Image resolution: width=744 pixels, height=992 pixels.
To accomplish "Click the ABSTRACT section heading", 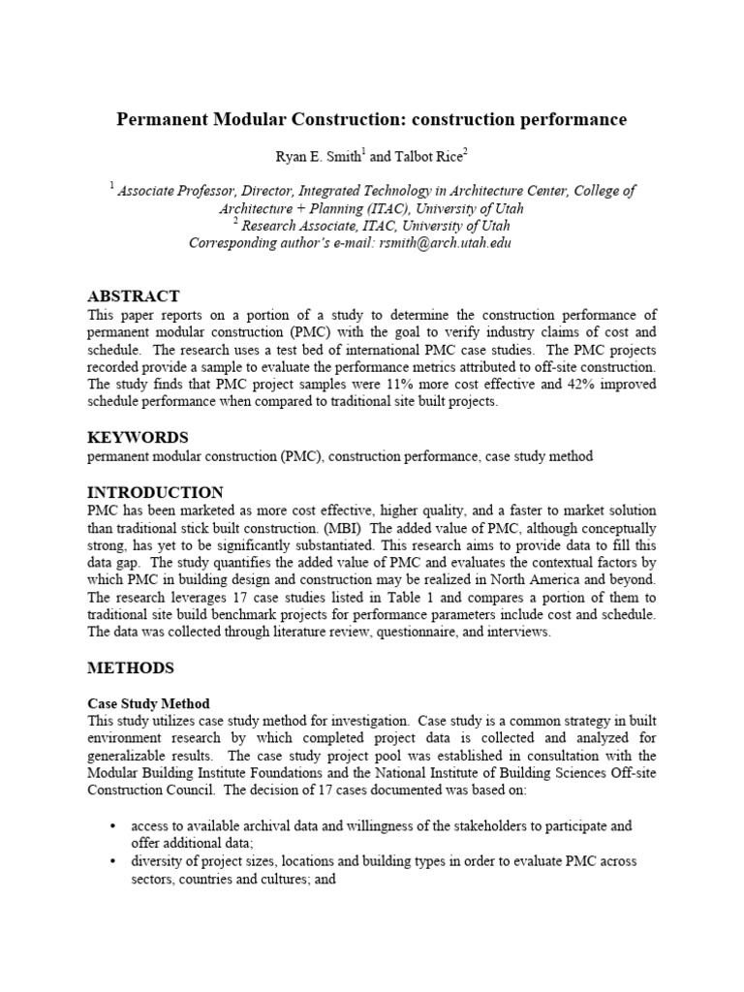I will (134, 295).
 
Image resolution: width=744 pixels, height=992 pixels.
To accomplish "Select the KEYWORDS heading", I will (138, 437).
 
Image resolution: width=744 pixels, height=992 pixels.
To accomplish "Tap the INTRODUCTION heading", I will (155, 492).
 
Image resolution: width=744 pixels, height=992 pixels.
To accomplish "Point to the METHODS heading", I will (131, 667).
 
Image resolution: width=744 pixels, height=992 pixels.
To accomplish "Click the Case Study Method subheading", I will (148, 703).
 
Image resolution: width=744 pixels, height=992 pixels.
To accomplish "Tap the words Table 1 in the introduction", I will (390, 598).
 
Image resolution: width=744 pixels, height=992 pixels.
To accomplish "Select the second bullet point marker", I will (113, 861).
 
